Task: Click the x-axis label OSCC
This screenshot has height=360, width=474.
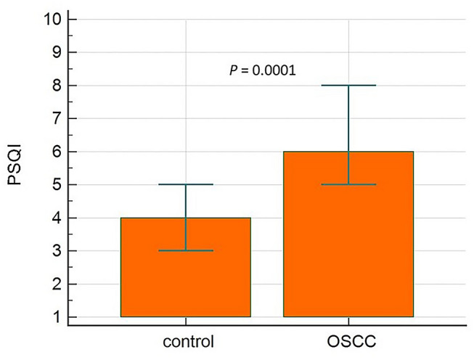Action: click(x=348, y=340)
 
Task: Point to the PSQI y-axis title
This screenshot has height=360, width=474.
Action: click(x=16, y=165)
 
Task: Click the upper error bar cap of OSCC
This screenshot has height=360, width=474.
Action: click(x=348, y=86)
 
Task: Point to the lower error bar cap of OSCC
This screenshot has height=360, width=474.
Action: click(x=348, y=184)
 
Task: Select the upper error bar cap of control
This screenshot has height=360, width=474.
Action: click(x=185, y=184)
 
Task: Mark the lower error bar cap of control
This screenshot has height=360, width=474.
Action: click(x=185, y=250)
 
